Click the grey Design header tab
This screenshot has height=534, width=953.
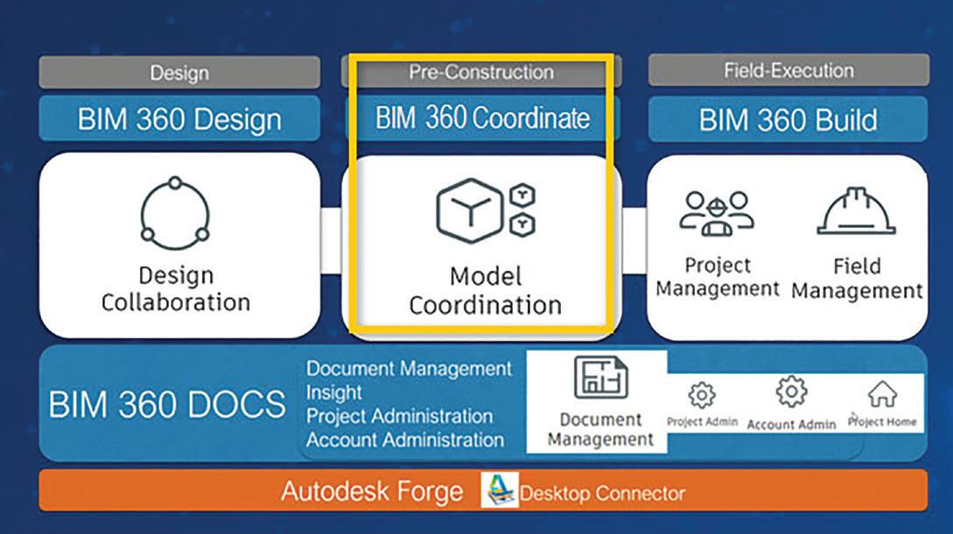point(179,73)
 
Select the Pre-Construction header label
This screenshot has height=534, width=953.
point(480,72)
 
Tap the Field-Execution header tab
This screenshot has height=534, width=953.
point(788,70)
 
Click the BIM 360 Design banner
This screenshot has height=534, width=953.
point(179,118)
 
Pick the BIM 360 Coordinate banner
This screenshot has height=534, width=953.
point(482,117)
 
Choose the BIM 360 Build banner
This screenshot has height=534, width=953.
point(788,119)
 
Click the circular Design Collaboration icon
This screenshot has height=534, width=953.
point(175,213)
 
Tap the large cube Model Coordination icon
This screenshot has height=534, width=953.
point(469,210)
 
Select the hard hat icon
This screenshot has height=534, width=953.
point(856,211)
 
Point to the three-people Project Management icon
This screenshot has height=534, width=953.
point(718,213)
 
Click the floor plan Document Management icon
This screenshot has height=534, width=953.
point(600,376)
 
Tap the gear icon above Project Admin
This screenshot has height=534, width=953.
point(702,395)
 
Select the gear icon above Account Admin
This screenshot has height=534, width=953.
point(791,392)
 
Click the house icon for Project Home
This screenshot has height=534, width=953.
point(882,394)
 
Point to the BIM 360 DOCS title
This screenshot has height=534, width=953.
point(166,404)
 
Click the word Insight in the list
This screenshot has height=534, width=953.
point(333,392)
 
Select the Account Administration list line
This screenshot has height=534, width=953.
point(405,440)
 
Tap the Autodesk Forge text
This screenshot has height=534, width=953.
point(372,491)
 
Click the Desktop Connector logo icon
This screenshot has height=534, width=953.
point(500,490)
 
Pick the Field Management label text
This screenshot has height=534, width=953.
point(857,279)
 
